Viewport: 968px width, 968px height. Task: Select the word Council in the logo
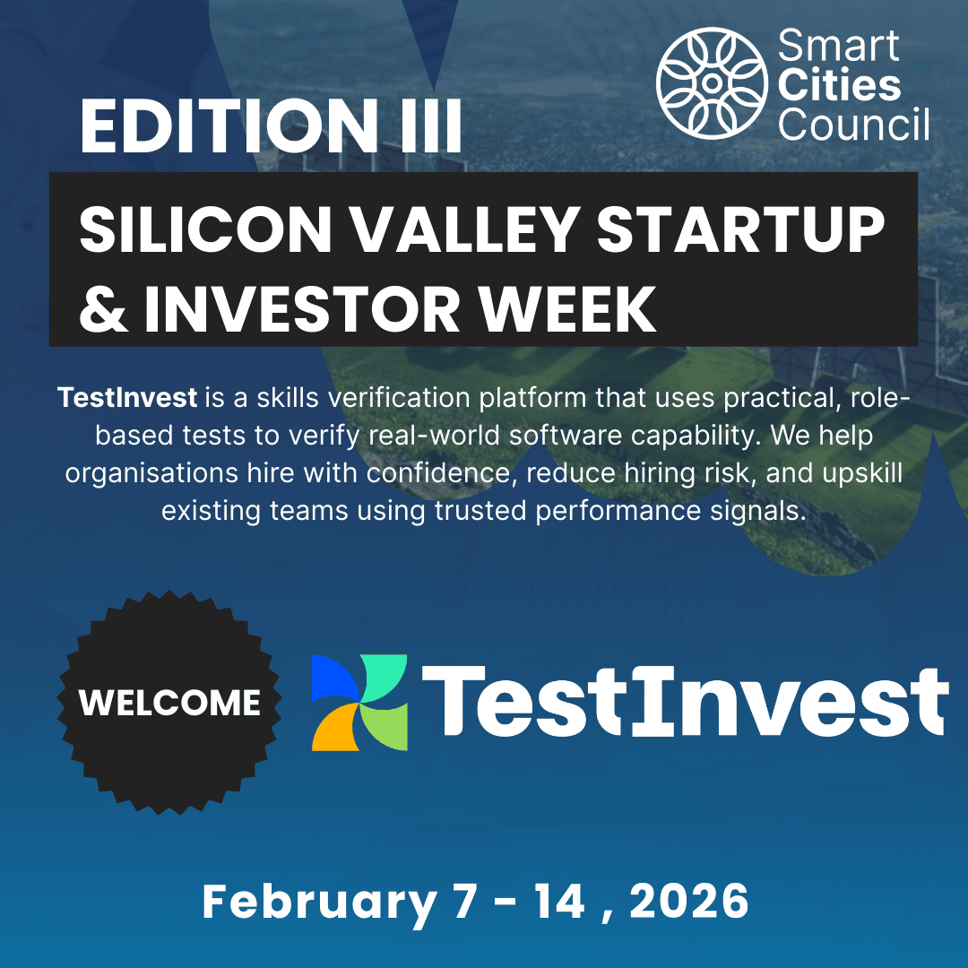[x=854, y=125]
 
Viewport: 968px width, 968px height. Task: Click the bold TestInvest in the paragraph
[x=126, y=397]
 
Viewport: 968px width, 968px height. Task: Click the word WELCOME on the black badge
[x=169, y=704]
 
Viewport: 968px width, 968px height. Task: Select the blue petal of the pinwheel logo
[x=333, y=678]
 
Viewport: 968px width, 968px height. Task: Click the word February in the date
[x=318, y=903]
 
